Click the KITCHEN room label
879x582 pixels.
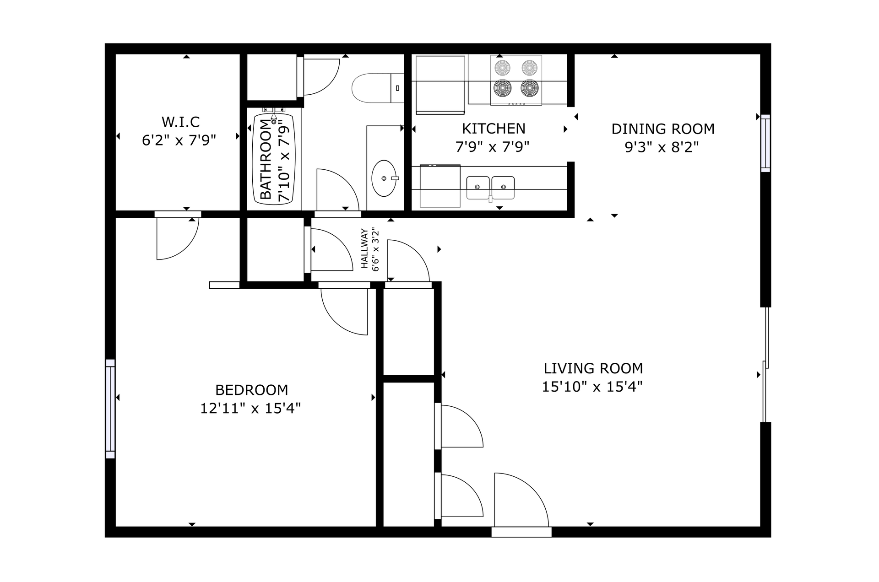(x=493, y=129)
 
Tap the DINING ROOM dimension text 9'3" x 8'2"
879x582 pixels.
(x=662, y=147)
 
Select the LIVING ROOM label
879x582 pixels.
(x=593, y=368)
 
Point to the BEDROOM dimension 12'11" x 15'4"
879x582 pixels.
(x=250, y=408)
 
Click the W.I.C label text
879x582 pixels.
(x=180, y=122)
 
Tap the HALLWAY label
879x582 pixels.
(x=365, y=248)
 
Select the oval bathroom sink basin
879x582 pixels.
(x=383, y=178)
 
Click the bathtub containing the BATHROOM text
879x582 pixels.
(x=274, y=158)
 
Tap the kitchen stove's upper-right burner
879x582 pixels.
(x=529, y=68)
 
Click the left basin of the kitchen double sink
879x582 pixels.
(x=477, y=187)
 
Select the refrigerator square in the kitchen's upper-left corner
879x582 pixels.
(x=440, y=84)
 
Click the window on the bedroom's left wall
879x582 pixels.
(x=110, y=409)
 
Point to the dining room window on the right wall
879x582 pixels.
(x=765, y=143)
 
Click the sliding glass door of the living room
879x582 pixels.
(x=765, y=364)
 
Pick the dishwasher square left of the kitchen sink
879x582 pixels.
(x=439, y=186)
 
